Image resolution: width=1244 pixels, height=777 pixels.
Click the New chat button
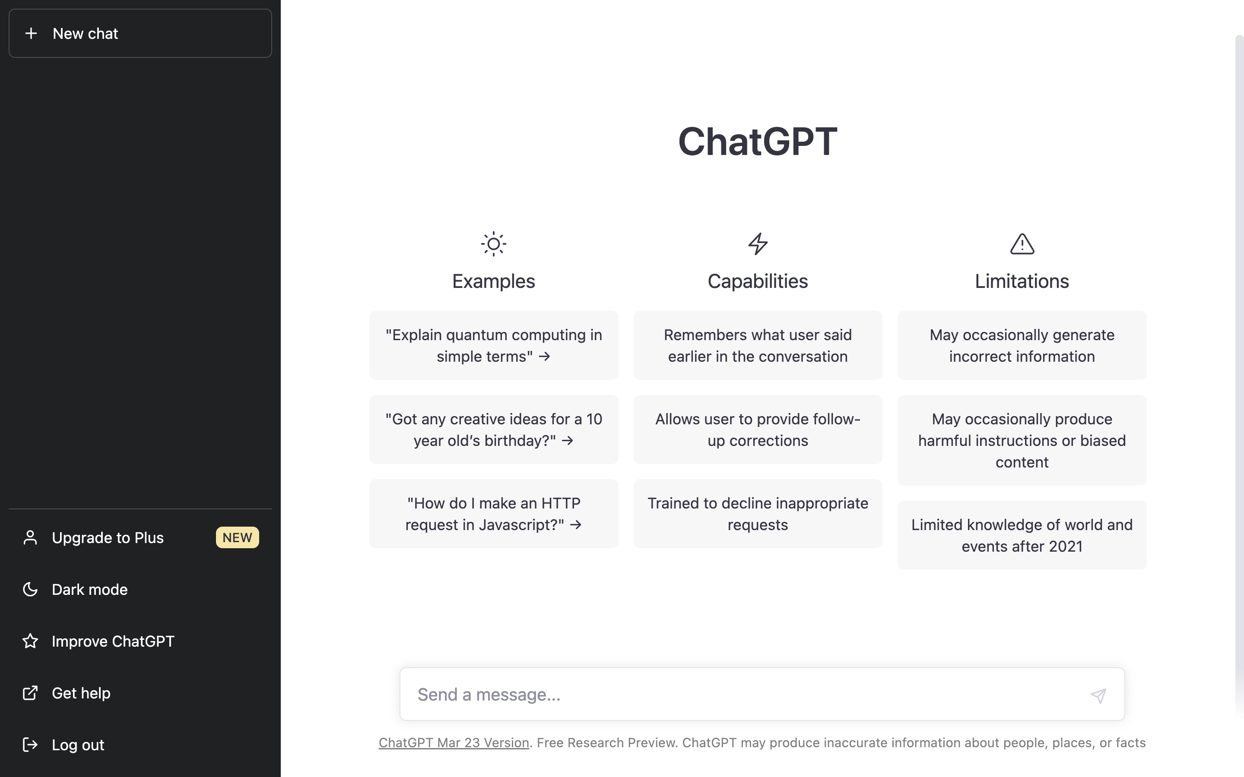[140, 33]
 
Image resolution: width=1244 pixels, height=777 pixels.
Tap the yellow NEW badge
[237, 537]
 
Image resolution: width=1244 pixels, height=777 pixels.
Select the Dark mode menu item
[89, 589]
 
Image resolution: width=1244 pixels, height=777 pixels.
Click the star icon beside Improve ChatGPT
[30, 641]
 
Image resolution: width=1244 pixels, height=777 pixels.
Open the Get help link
[81, 693]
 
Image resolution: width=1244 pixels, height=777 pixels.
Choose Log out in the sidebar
[78, 745]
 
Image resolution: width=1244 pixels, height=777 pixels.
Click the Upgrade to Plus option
[108, 537]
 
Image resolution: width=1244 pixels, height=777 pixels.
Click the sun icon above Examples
[493, 244]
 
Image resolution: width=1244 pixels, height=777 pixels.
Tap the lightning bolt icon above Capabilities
[758, 244]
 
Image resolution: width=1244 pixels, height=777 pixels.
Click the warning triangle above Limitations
[1022, 244]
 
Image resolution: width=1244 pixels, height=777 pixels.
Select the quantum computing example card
[493, 345]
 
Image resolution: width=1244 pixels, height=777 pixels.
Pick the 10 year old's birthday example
[493, 430]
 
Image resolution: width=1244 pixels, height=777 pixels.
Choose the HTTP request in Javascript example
[493, 514]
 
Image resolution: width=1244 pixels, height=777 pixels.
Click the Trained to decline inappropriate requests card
[758, 514]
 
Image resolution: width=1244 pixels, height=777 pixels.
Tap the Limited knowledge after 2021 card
[1022, 535]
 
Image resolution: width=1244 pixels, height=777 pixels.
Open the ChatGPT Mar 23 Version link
[454, 742]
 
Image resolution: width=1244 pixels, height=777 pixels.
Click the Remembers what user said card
[758, 345]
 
